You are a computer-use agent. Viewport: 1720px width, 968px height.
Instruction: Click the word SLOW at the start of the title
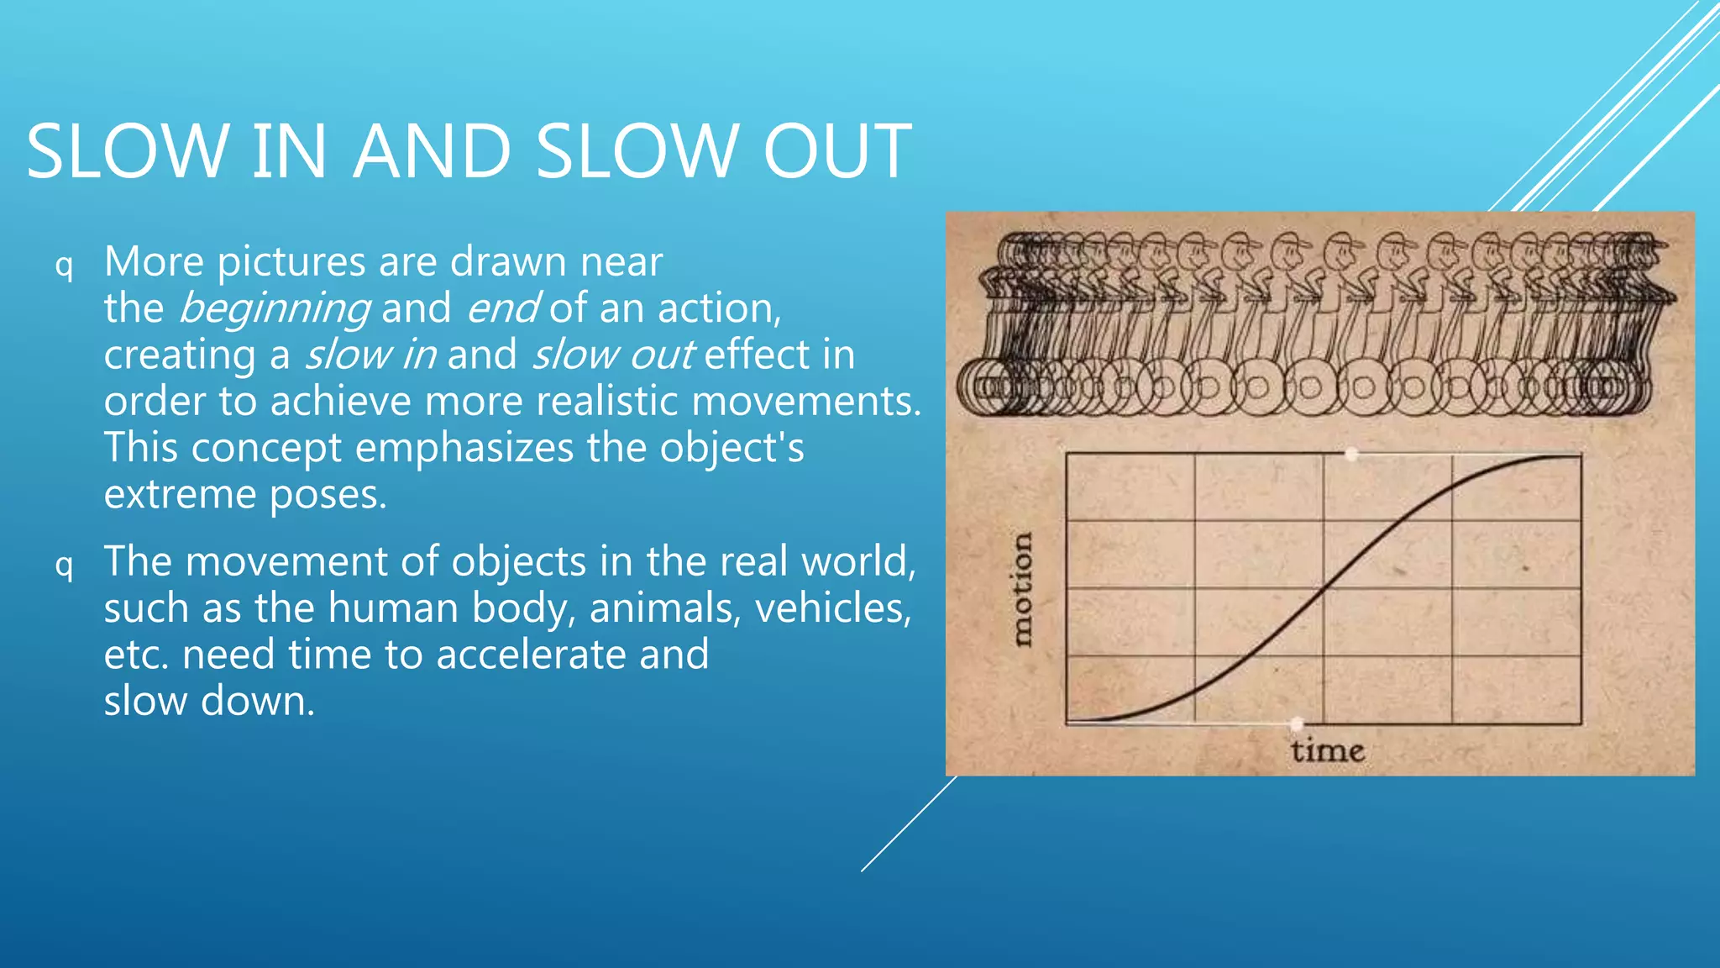coord(127,151)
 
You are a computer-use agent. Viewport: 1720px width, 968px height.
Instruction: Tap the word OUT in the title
coord(836,151)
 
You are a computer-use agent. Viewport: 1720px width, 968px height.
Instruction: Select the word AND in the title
coord(432,151)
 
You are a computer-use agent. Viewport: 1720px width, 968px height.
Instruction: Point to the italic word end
coord(502,308)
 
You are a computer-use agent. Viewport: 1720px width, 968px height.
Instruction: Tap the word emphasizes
coord(464,448)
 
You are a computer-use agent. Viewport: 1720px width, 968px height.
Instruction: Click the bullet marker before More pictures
coord(64,266)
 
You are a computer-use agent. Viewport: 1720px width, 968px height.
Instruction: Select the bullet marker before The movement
coord(64,565)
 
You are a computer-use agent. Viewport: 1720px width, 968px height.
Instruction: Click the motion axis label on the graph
coord(1020,589)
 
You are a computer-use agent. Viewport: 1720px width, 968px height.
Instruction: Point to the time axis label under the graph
coord(1327,750)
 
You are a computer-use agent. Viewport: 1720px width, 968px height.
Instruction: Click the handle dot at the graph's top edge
coord(1351,455)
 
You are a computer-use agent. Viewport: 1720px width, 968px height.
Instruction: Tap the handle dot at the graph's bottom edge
coord(1298,723)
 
